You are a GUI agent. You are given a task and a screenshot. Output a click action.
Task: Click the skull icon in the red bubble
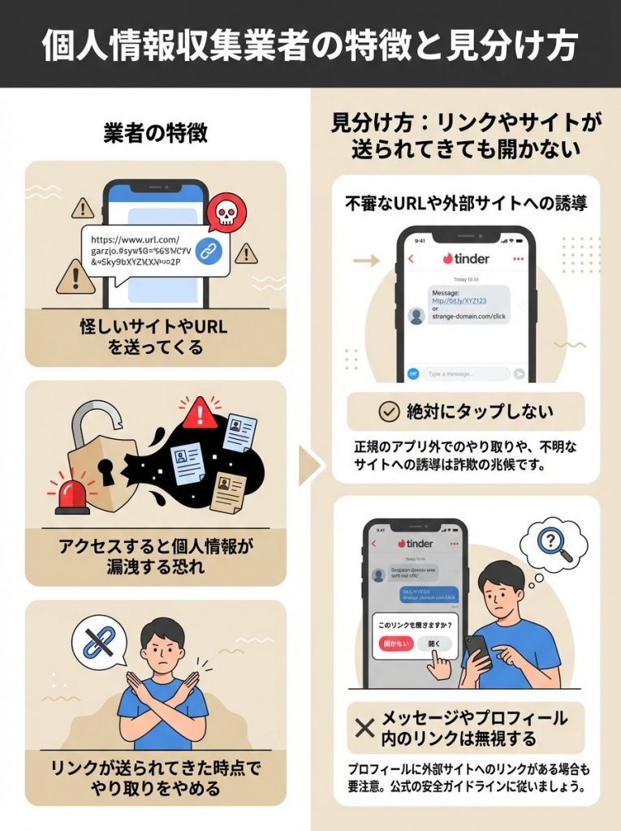click(226, 213)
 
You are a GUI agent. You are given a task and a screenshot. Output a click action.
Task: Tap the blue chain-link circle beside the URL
click(210, 252)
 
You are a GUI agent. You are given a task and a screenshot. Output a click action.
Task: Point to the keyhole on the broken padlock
click(107, 470)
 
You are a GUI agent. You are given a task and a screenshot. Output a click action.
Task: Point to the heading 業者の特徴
click(155, 133)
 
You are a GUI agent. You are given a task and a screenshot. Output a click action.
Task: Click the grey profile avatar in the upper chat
click(417, 316)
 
